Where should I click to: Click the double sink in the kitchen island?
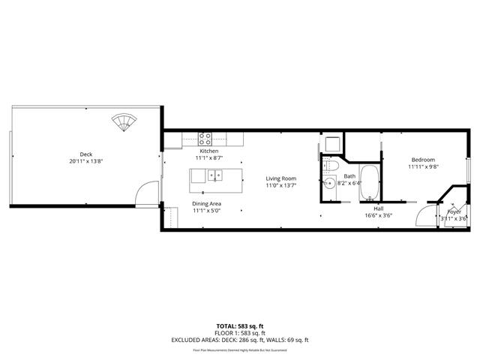tap(216, 176)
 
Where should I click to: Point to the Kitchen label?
tap(208, 151)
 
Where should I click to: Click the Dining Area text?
tap(205, 203)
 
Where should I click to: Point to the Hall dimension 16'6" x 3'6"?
tap(379, 215)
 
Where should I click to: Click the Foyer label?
tap(454, 211)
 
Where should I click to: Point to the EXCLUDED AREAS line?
tap(239, 340)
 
